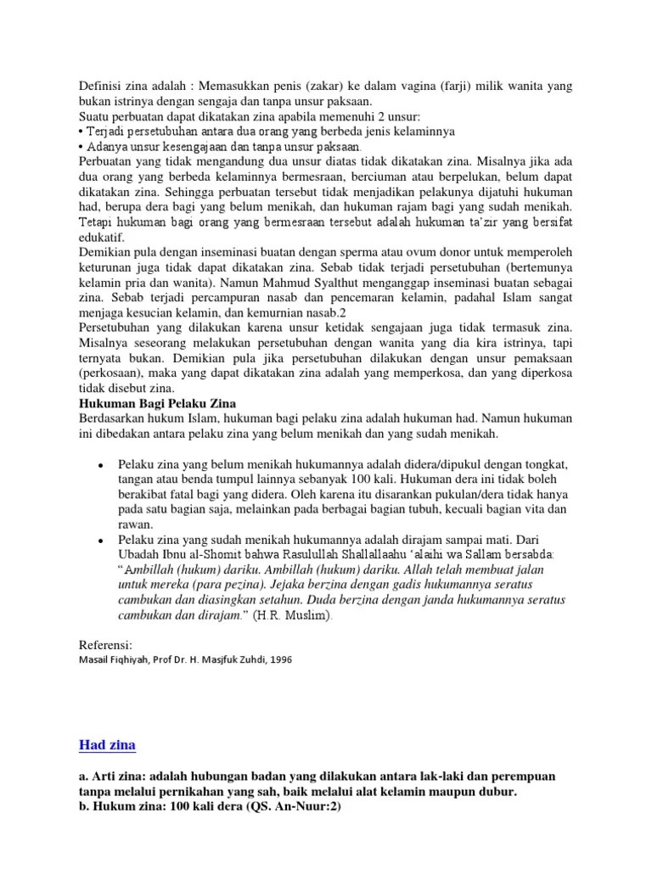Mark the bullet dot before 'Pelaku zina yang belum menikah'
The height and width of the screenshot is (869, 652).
pos(101,466)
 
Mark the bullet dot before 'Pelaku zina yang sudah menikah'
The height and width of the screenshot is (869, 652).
pos(101,541)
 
